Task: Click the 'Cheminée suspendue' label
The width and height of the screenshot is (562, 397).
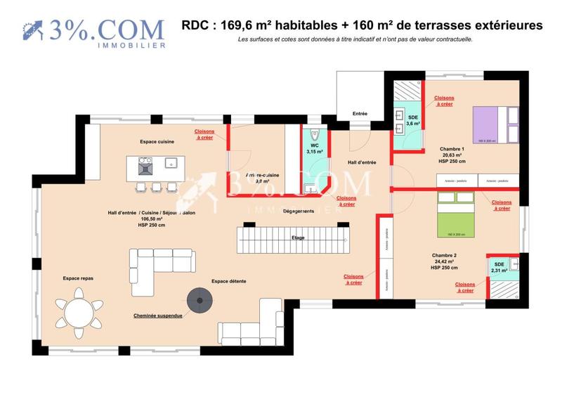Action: point(158,316)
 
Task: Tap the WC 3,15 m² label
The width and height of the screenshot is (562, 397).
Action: point(315,148)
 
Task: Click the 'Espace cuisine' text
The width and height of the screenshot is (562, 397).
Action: point(157,141)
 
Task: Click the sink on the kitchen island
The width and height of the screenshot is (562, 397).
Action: point(171,163)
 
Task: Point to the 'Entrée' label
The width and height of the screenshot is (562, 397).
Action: point(360,113)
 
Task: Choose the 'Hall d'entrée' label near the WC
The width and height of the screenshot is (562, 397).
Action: point(362,162)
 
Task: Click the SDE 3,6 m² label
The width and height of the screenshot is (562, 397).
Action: point(413,121)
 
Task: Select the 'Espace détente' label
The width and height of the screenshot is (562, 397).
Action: point(229,281)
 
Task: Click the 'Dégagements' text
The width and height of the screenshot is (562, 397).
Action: point(298,211)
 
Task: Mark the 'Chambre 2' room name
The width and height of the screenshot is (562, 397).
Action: point(444,255)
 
